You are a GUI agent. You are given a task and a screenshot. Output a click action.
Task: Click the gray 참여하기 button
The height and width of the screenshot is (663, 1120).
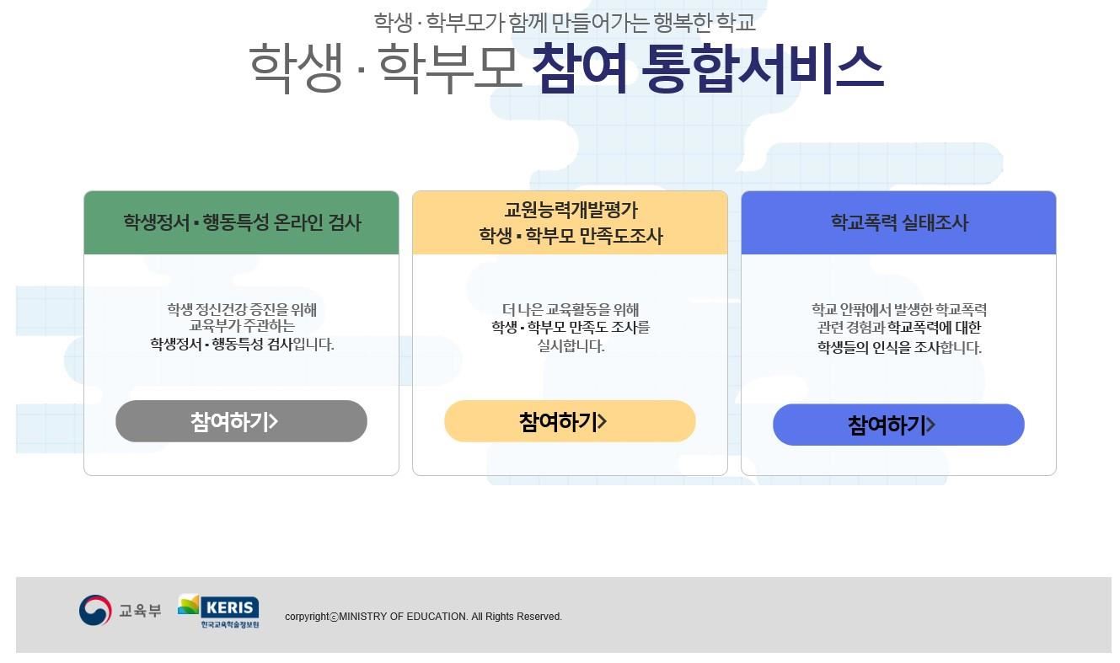241,421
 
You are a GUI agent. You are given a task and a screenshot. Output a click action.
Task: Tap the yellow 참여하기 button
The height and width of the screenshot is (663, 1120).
570,421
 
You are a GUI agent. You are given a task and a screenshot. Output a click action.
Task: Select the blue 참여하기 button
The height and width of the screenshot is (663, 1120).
898,425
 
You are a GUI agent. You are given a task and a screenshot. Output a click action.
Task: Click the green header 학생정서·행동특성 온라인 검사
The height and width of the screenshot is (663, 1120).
241,222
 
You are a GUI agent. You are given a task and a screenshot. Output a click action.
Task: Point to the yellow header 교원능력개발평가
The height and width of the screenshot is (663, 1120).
570,210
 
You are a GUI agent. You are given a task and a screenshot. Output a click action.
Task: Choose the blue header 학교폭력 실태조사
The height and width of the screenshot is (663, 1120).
898,222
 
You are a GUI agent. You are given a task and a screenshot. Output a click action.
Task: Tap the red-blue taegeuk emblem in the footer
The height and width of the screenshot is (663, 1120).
95,611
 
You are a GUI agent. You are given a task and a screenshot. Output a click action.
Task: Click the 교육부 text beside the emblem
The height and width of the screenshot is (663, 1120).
140,611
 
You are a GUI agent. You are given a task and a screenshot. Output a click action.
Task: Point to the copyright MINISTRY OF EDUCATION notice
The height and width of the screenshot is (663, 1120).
423,617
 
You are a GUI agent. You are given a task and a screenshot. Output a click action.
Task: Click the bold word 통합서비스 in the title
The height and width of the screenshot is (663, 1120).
762,69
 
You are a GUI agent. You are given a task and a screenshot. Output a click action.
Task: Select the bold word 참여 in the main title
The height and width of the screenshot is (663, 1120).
579,69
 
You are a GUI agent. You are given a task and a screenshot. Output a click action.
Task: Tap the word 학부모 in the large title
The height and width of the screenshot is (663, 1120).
448,69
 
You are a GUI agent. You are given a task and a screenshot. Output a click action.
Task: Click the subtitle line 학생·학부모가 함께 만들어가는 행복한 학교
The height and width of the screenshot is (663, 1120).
565,23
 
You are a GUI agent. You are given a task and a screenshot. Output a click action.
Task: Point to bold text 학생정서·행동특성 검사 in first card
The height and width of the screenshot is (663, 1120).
222,345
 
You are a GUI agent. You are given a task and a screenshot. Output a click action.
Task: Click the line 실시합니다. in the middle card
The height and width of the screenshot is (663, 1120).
571,346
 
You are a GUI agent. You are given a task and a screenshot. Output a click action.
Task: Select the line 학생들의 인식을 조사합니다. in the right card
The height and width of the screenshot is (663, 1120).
898,348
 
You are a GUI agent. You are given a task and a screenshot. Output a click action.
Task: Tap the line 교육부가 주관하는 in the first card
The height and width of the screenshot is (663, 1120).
242,326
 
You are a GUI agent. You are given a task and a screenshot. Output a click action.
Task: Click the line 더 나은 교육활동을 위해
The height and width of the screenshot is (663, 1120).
571,309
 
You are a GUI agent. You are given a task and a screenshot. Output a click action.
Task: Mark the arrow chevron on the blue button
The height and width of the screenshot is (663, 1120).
930,425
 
